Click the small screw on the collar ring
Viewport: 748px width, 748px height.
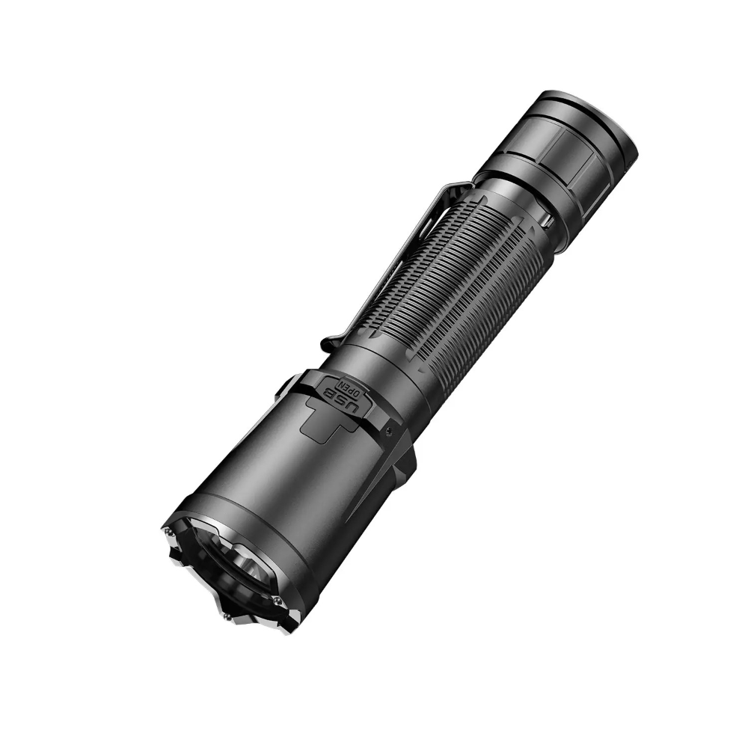coord(390,428)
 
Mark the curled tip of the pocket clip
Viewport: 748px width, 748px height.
coord(326,345)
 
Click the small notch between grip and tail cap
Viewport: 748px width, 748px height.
coord(546,221)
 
